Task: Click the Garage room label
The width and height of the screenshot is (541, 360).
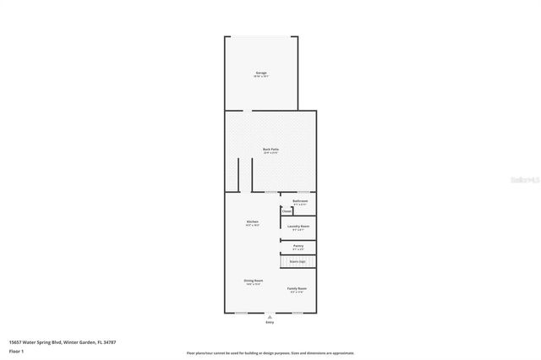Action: (x=261, y=73)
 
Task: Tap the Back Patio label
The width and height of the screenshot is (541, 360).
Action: (x=270, y=149)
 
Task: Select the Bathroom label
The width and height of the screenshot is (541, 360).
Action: (x=299, y=200)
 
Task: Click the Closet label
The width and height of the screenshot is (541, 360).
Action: (x=287, y=211)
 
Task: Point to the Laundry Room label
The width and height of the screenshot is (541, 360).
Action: (x=298, y=226)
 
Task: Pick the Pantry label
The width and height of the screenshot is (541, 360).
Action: (x=298, y=245)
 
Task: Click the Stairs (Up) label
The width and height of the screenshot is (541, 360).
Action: (x=298, y=262)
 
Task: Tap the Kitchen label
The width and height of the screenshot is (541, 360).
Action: (x=252, y=221)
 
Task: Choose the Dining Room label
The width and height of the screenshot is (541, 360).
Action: (x=254, y=280)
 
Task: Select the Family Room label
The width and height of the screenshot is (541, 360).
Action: (x=296, y=288)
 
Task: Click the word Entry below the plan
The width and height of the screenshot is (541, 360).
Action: (x=270, y=323)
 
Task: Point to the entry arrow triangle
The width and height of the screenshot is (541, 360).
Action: (x=270, y=317)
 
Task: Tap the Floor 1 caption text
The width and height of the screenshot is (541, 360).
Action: (x=16, y=350)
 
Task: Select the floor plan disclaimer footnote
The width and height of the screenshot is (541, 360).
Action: (x=270, y=353)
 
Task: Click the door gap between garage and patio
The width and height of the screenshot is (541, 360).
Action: (x=243, y=110)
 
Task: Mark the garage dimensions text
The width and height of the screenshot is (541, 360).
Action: (x=261, y=77)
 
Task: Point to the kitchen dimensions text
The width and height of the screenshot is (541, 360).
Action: (x=252, y=226)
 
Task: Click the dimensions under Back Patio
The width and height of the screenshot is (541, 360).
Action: (x=270, y=153)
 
